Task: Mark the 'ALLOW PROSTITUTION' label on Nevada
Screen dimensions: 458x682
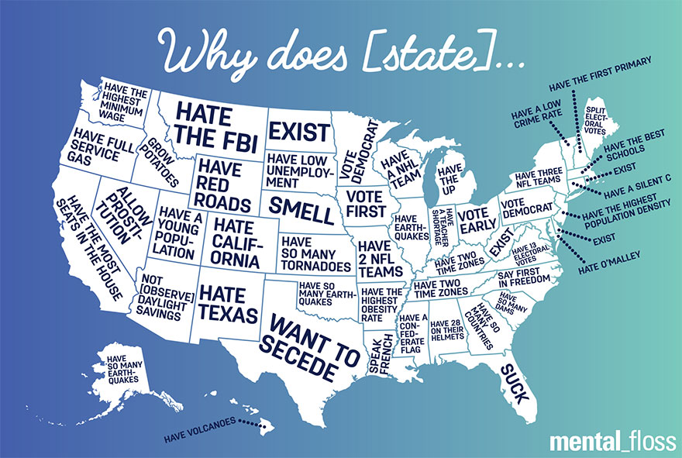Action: (x=122, y=215)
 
